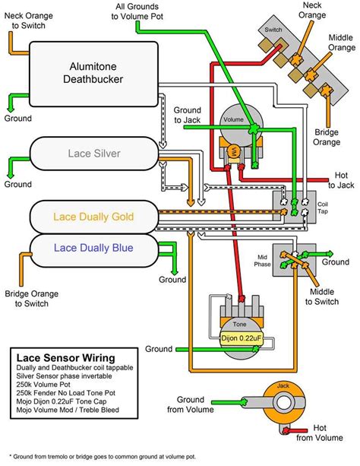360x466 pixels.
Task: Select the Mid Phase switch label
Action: (262, 258)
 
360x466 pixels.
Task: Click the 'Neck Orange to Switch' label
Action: (29, 21)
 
